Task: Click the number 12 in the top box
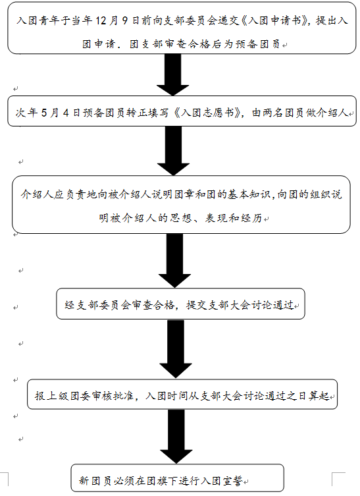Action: coord(101,20)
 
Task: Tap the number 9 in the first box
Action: coord(125,20)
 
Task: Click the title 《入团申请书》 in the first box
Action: coord(274,20)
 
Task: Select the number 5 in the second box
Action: coord(44,113)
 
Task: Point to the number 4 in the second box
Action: coord(66,113)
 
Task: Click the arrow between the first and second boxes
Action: coord(173,74)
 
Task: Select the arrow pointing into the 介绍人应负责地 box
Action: coord(174,151)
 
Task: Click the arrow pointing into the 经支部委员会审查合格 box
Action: coord(175,261)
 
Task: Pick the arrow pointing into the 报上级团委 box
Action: coord(176,348)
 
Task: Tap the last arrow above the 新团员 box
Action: coord(176,437)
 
